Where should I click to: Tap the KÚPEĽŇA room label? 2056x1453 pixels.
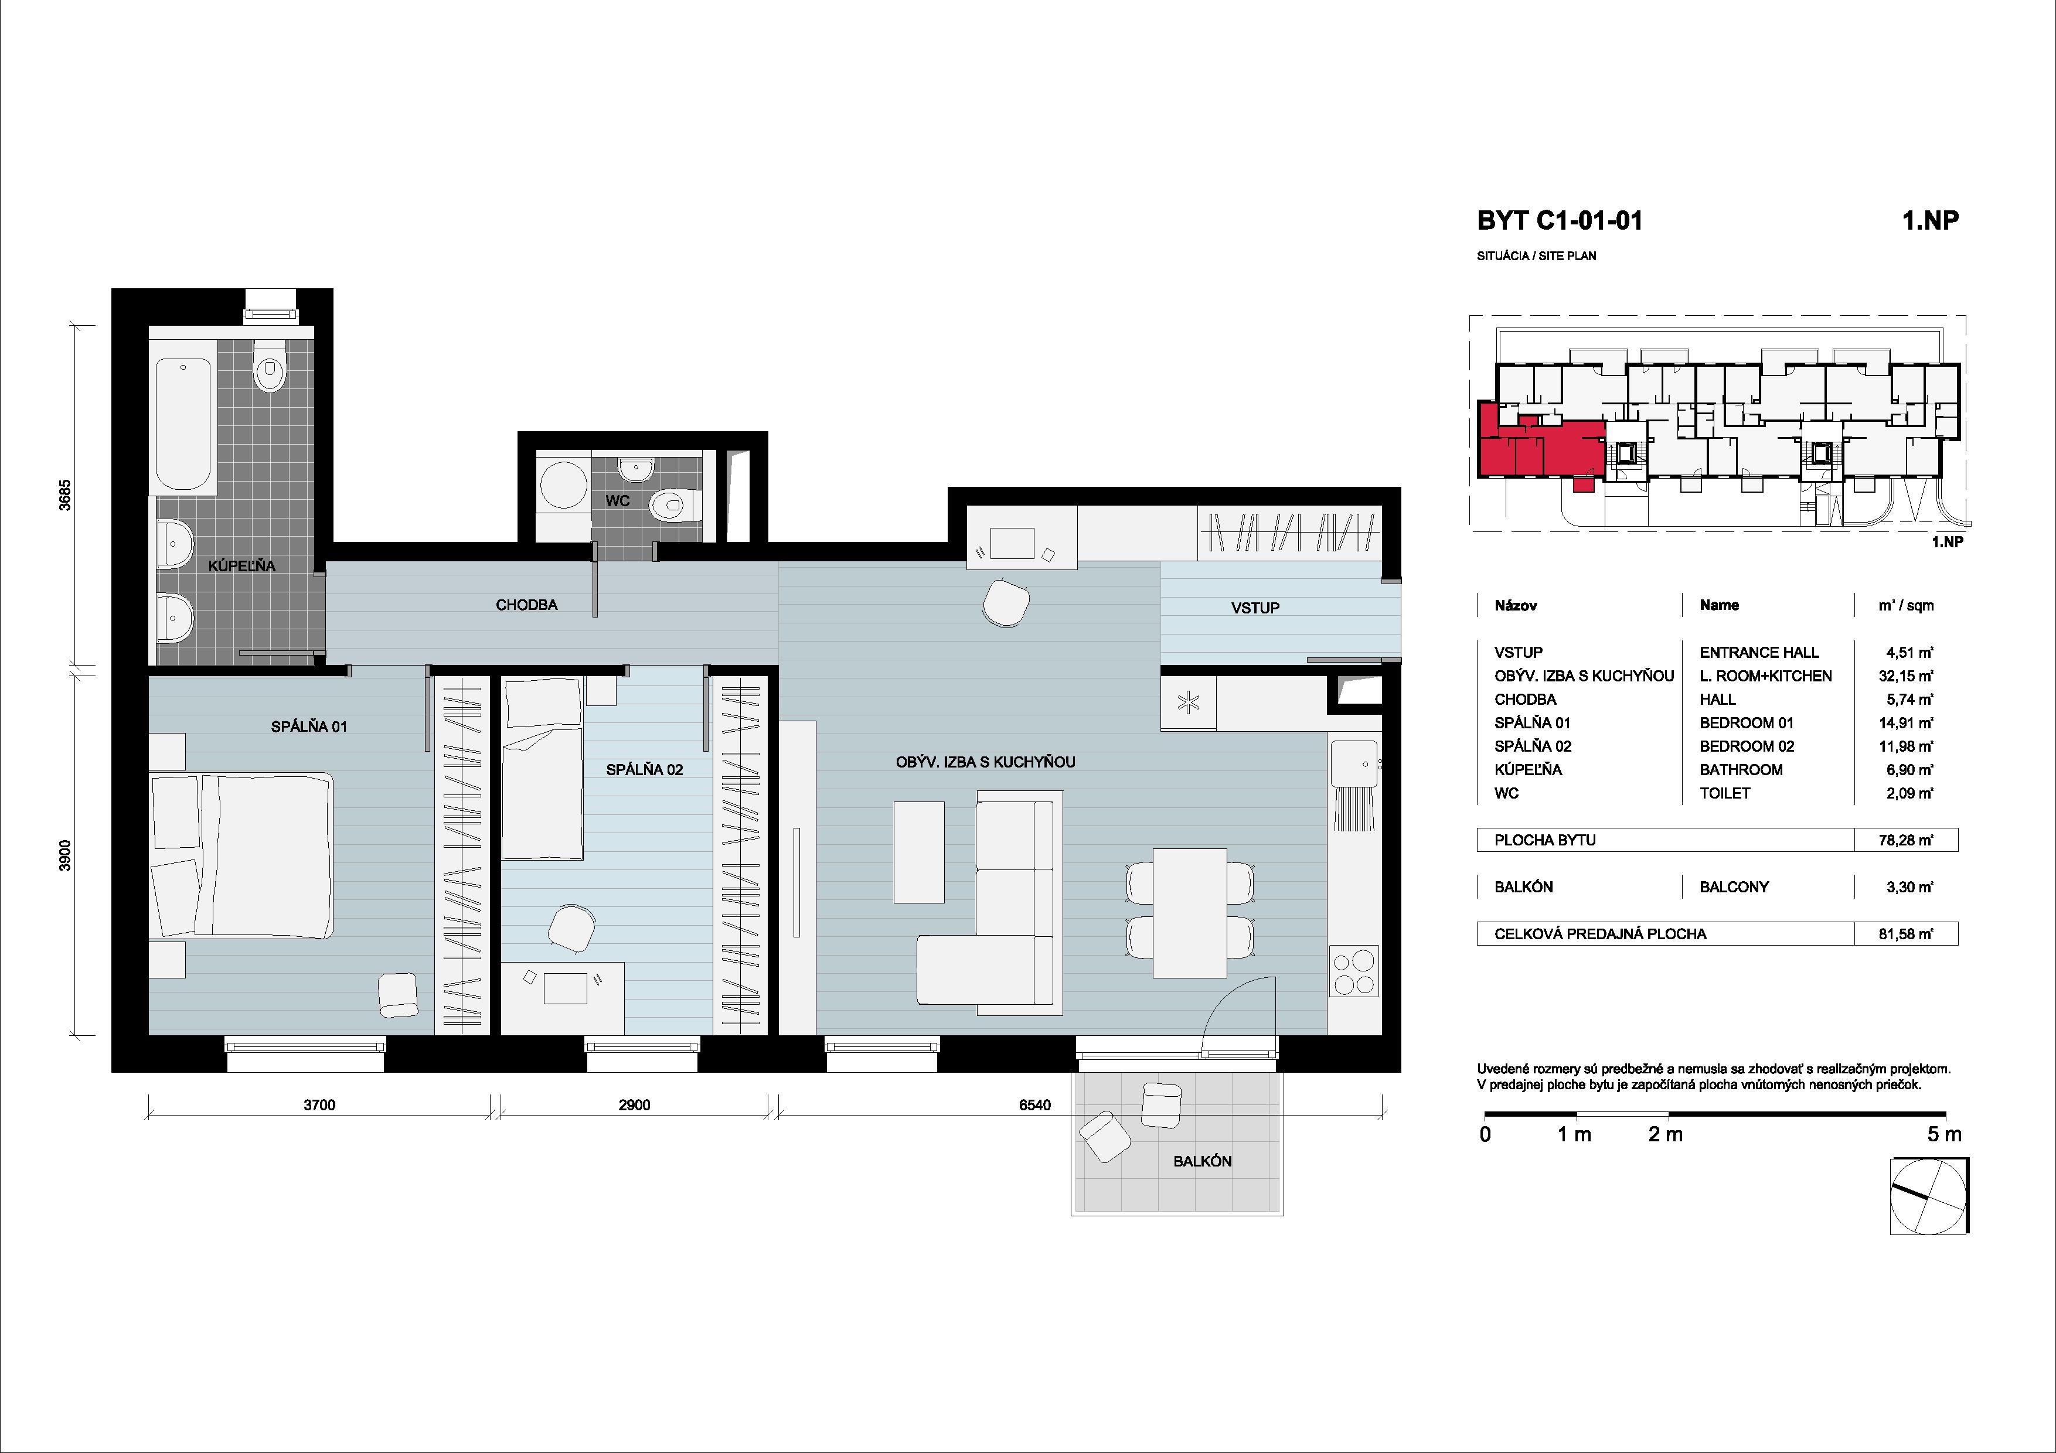(242, 566)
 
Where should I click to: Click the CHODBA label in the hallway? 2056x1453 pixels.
(526, 605)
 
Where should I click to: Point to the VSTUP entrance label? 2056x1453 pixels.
(1255, 608)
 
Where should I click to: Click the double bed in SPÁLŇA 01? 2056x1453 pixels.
(242, 856)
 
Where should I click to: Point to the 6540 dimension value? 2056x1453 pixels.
(1034, 1105)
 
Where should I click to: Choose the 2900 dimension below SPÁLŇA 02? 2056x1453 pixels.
(634, 1105)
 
